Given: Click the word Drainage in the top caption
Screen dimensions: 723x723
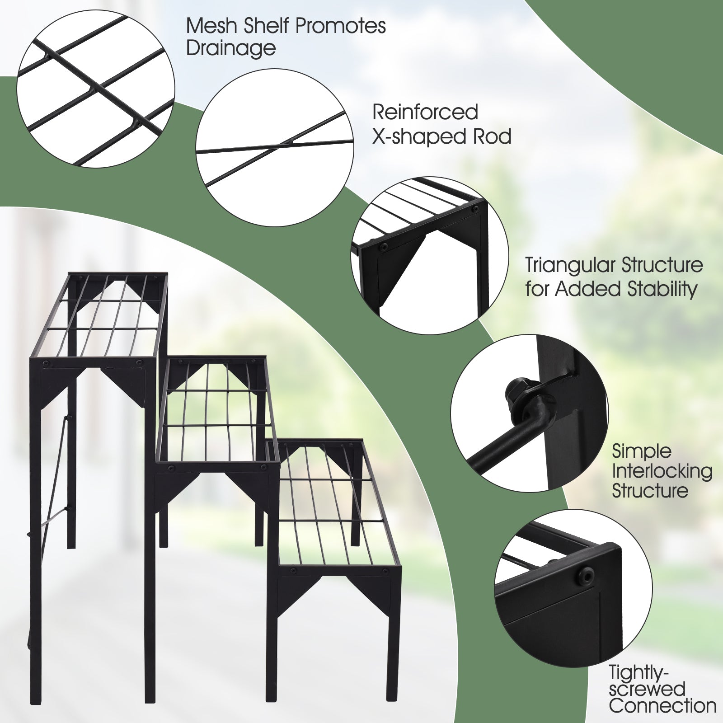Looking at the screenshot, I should pyautogui.click(x=231, y=48).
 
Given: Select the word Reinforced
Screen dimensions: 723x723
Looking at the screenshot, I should pyautogui.click(x=425, y=112).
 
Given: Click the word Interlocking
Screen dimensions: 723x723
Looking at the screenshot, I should pyautogui.click(x=662, y=471).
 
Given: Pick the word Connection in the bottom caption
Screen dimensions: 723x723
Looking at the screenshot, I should pyautogui.click(x=662, y=705).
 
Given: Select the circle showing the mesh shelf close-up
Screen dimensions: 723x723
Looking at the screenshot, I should pyautogui.click(x=96, y=88).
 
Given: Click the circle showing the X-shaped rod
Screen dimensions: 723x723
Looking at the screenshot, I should pyautogui.click(x=275, y=148).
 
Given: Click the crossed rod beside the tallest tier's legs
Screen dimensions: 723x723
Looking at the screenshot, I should pyautogui.click(x=56, y=479).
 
